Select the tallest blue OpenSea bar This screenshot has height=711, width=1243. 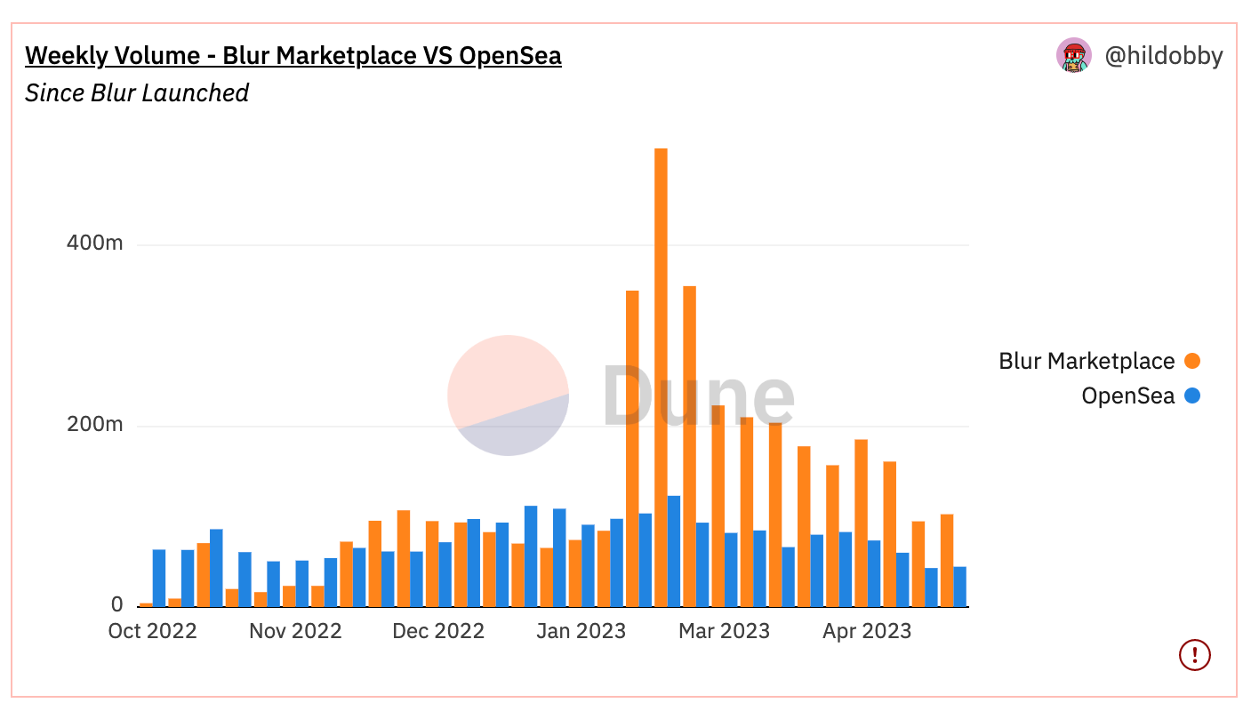(674, 551)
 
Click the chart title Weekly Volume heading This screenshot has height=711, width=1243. (293, 56)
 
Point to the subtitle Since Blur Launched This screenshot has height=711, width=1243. (137, 92)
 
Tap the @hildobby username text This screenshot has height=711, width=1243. (1163, 56)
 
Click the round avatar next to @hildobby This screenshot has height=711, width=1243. (1074, 56)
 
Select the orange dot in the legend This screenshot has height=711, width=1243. (1192, 361)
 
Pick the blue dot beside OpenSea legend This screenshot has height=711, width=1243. (1192, 395)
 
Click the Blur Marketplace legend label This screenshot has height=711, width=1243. (1087, 361)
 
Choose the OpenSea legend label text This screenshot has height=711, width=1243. (1127, 395)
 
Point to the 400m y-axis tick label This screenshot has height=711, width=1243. (95, 244)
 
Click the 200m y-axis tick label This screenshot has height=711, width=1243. (95, 425)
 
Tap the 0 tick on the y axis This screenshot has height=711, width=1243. (117, 605)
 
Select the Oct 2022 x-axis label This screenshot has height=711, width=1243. (152, 631)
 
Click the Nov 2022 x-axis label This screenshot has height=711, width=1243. (295, 631)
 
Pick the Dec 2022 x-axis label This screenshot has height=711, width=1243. (438, 631)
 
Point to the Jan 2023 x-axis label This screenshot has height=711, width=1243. (581, 631)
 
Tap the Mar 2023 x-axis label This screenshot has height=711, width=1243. (724, 631)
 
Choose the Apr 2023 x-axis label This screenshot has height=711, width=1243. (867, 631)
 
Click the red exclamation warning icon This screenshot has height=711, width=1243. (1195, 655)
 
